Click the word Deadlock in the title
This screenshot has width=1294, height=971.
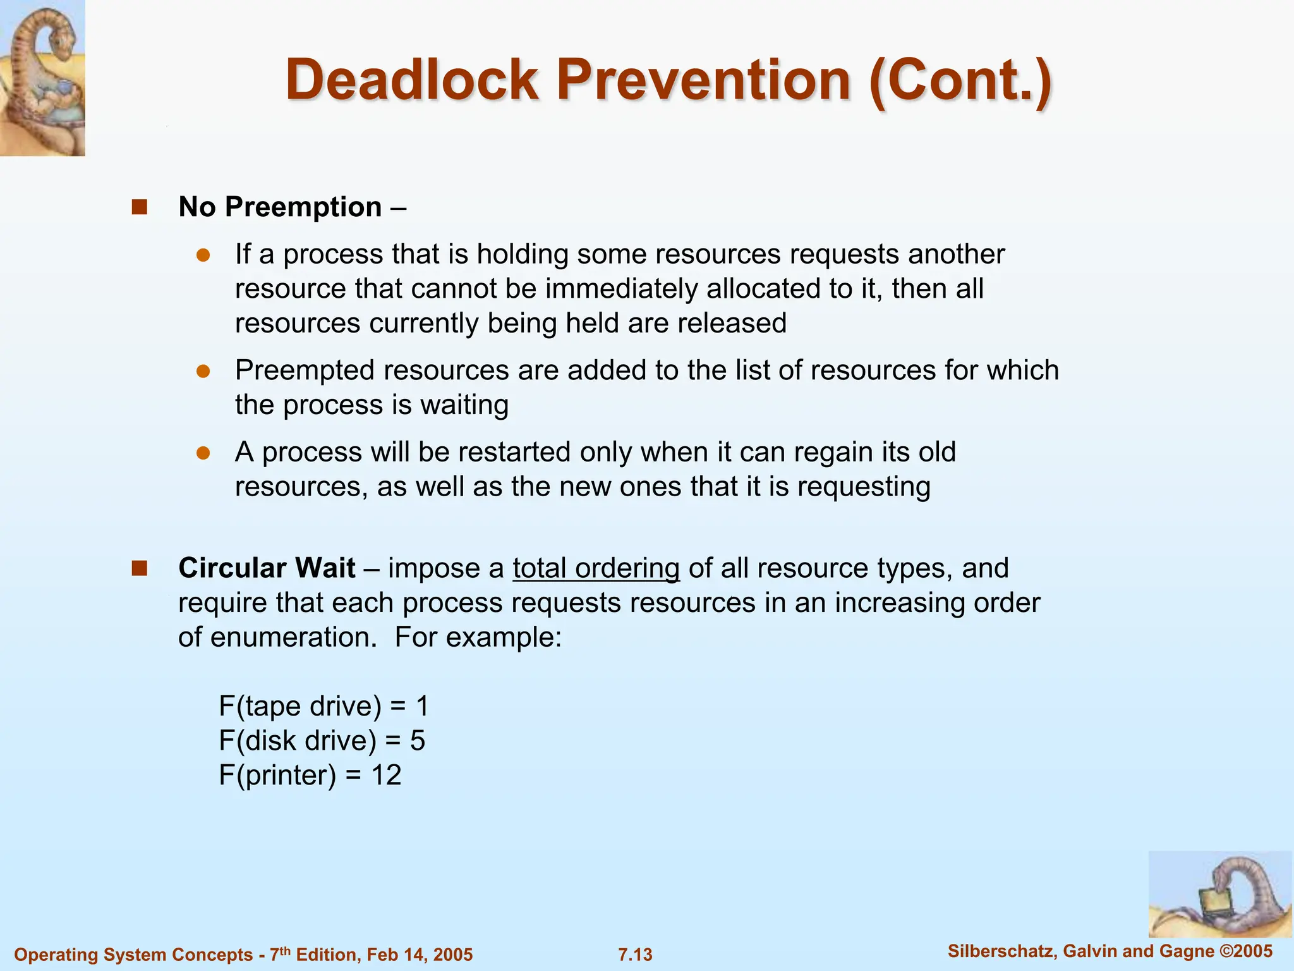(x=411, y=80)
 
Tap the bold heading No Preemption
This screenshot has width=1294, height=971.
(x=280, y=207)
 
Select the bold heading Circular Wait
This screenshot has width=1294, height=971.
(x=267, y=568)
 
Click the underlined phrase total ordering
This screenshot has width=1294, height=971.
(x=596, y=568)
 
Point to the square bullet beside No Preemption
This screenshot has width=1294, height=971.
(x=139, y=207)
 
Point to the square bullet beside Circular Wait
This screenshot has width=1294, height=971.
(x=139, y=568)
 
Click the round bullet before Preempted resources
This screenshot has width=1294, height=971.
(x=203, y=371)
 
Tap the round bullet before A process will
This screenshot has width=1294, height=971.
(x=203, y=453)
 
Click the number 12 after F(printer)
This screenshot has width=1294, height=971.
(x=386, y=775)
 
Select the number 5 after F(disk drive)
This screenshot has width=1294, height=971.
(x=417, y=740)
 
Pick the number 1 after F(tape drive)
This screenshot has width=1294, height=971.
(x=422, y=705)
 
